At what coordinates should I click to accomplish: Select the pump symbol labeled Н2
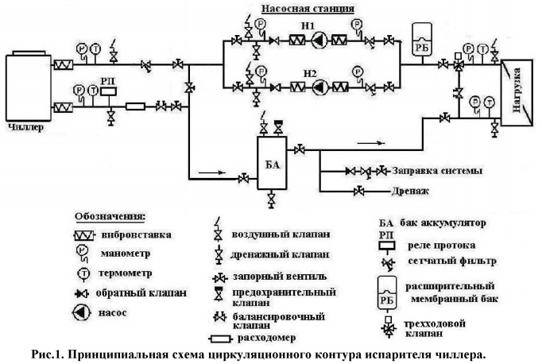click(316, 85)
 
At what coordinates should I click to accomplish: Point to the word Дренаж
click(409, 192)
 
